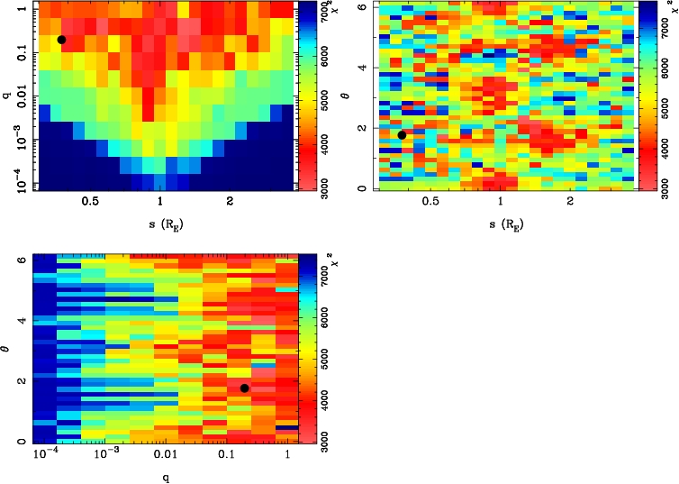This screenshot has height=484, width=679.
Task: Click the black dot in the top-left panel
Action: [61, 40]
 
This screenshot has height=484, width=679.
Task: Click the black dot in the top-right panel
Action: [402, 135]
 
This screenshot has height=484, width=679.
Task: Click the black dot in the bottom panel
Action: [244, 388]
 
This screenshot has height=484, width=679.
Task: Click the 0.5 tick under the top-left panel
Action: [90, 204]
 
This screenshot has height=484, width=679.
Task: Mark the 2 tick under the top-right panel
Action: [571, 204]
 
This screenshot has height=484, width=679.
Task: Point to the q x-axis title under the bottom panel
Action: [165, 477]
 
